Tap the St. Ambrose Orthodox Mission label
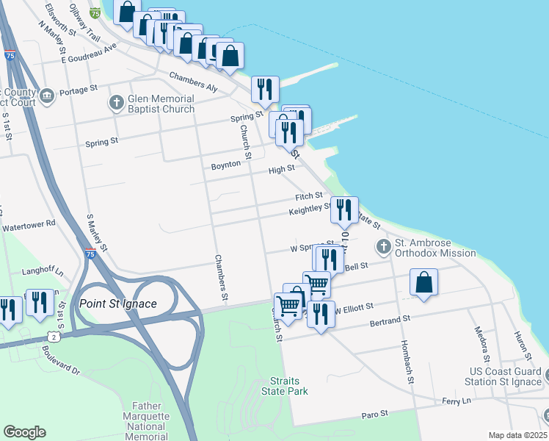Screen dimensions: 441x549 click(435, 248)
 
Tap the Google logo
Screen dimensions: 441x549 click(25, 432)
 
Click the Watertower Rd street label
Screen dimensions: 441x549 click(29, 223)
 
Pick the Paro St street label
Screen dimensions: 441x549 click(375, 415)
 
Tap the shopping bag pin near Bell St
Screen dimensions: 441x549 click(424, 282)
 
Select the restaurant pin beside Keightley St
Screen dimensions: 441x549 click(344, 209)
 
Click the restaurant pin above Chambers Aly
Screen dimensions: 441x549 click(264, 89)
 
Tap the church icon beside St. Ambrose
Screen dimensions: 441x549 click(382, 246)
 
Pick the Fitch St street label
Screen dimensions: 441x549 click(309, 196)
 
